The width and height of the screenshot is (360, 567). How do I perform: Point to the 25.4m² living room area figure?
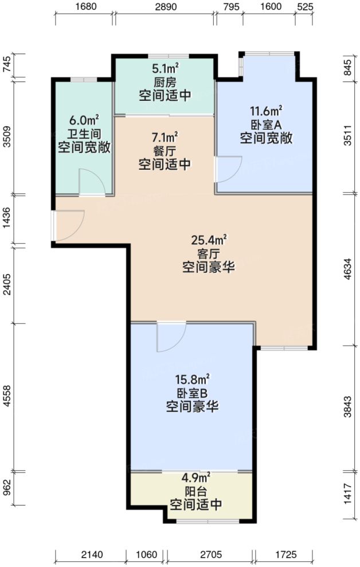209,238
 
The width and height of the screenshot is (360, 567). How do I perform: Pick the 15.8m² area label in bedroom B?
191,378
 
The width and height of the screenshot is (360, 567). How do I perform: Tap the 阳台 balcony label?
195,491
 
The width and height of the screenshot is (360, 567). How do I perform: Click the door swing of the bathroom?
91,183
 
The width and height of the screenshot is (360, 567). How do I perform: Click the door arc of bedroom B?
171,337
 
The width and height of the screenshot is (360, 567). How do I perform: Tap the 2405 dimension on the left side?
6,284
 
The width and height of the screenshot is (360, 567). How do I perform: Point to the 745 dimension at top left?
6,65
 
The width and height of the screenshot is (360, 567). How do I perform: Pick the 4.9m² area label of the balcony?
195,477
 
